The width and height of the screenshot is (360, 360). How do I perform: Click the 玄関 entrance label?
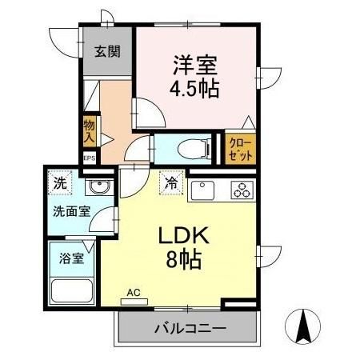point(107,52)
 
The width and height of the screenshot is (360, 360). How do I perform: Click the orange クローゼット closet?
point(240,150)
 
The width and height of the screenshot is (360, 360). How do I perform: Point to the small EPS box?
point(89,158)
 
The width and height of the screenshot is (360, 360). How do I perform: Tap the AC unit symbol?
point(133,300)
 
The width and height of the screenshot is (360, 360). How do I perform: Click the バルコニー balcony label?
point(190,328)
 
